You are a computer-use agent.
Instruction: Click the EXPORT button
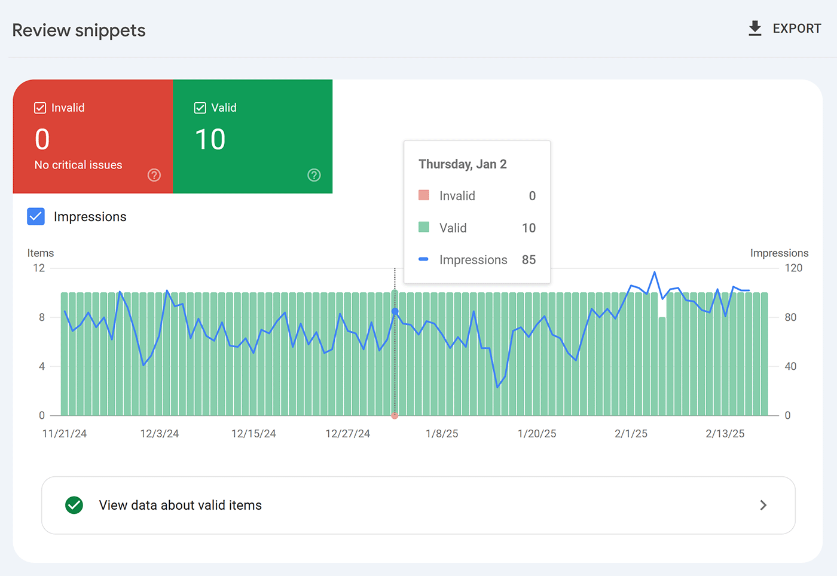click(784, 29)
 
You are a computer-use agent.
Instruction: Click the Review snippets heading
click(79, 30)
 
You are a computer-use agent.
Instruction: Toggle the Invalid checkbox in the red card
click(40, 108)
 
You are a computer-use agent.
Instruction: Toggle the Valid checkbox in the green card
click(200, 108)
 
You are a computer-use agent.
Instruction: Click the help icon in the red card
click(154, 175)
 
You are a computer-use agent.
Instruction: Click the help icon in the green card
click(314, 175)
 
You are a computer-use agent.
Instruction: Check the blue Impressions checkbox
click(36, 216)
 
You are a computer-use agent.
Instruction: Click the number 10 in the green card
click(210, 140)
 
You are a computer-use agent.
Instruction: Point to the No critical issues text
click(78, 165)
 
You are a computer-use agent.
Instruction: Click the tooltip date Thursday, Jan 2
click(463, 164)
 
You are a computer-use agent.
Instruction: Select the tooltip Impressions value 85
click(529, 260)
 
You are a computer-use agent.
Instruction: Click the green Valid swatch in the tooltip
click(424, 227)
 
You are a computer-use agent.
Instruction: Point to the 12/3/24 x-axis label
click(160, 434)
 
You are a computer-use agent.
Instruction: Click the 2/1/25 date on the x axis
click(631, 434)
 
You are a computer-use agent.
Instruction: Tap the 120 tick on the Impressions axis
click(793, 268)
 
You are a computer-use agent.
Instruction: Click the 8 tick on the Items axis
click(42, 317)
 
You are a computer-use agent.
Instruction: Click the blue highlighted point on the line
click(395, 311)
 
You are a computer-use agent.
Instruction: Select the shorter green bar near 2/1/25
click(662, 366)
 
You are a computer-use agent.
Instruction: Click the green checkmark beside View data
click(74, 505)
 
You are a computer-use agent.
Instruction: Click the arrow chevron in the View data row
click(763, 505)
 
